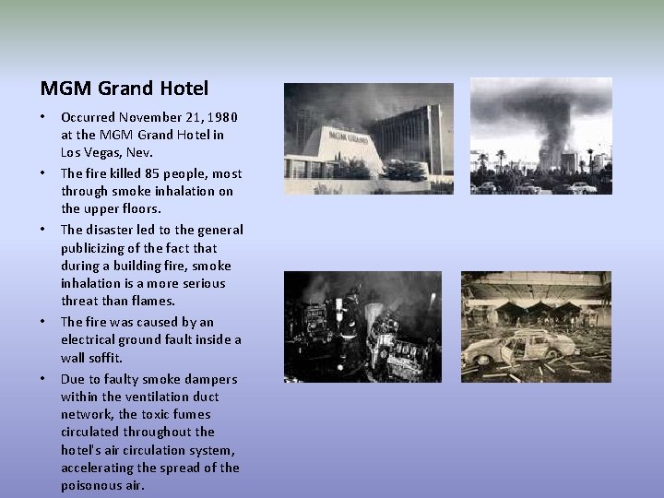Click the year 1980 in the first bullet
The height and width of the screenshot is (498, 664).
[222, 117]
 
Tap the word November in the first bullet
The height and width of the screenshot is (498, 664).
[148, 117]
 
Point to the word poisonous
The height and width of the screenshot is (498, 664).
[89, 485]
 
